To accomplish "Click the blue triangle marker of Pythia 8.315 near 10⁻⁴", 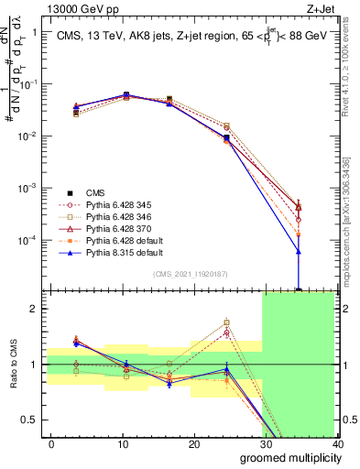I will pyautogui.click(x=299, y=250).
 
